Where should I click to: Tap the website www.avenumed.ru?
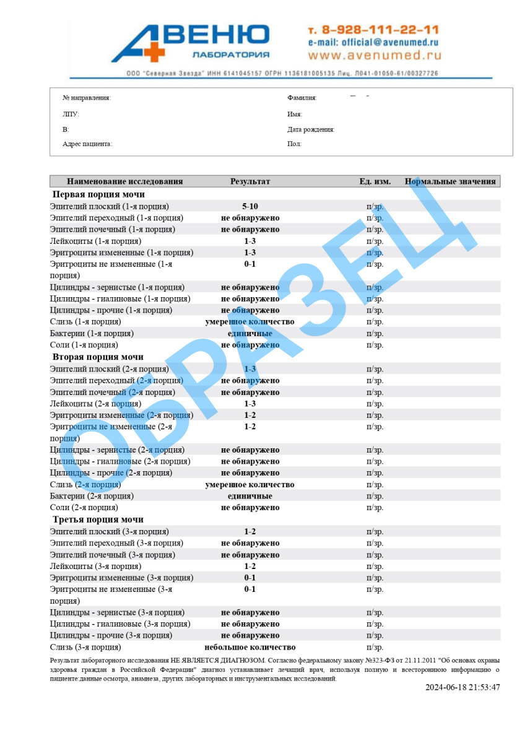coord(375,56)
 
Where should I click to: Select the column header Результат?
coord(250,181)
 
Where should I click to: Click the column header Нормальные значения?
coord(450,181)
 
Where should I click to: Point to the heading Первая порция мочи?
coord(98,194)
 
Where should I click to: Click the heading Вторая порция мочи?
coord(98,357)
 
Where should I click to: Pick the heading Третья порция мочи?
coord(98,519)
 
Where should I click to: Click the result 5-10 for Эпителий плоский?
coord(250,206)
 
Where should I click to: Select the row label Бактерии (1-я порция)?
coord(92,334)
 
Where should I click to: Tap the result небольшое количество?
coord(250,648)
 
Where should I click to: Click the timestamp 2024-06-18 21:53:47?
coord(462,687)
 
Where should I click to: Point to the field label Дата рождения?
coord(311,129)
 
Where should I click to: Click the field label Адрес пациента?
coord(87,144)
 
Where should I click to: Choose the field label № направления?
coord(87,98)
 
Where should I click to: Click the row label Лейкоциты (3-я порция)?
coord(95,567)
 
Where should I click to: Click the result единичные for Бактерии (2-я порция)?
coord(250,497)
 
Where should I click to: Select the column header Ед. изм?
coord(375,181)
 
